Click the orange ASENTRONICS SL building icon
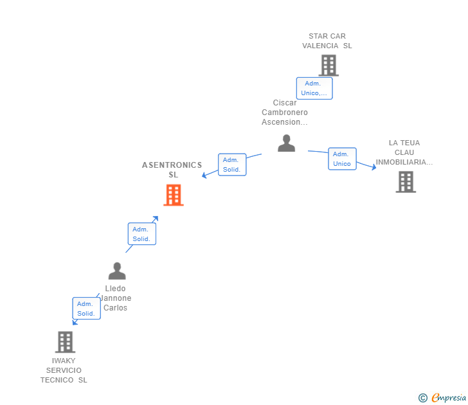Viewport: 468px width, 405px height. [174, 195]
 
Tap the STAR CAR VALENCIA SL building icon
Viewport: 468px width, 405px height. [328, 65]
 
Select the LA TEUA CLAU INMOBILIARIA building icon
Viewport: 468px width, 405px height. [405, 182]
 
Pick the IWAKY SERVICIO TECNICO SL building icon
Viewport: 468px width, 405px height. [65, 342]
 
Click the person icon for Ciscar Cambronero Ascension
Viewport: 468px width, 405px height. [286, 143]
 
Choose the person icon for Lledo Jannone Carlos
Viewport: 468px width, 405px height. [117, 271]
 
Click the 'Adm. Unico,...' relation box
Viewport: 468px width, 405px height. [314, 88]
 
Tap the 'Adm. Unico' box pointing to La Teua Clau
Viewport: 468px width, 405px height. [342, 159]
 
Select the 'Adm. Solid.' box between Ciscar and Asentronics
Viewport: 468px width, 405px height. [231, 165]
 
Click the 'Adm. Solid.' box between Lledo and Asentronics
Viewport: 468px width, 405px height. [141, 234]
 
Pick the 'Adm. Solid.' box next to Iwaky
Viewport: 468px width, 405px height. [86, 309]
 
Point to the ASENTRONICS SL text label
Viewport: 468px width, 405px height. [172, 170]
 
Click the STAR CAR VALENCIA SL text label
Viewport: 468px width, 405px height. [327, 41]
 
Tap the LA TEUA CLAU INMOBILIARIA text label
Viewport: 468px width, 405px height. [404, 152]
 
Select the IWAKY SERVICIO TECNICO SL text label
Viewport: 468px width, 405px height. [64, 370]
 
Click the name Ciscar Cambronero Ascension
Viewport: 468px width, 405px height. [285, 113]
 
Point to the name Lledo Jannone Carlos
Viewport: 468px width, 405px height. [116, 298]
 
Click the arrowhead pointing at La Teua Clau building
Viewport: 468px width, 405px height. [373, 168]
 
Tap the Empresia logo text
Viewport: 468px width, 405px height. [449, 398]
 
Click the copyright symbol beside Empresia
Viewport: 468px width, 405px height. [422, 398]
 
